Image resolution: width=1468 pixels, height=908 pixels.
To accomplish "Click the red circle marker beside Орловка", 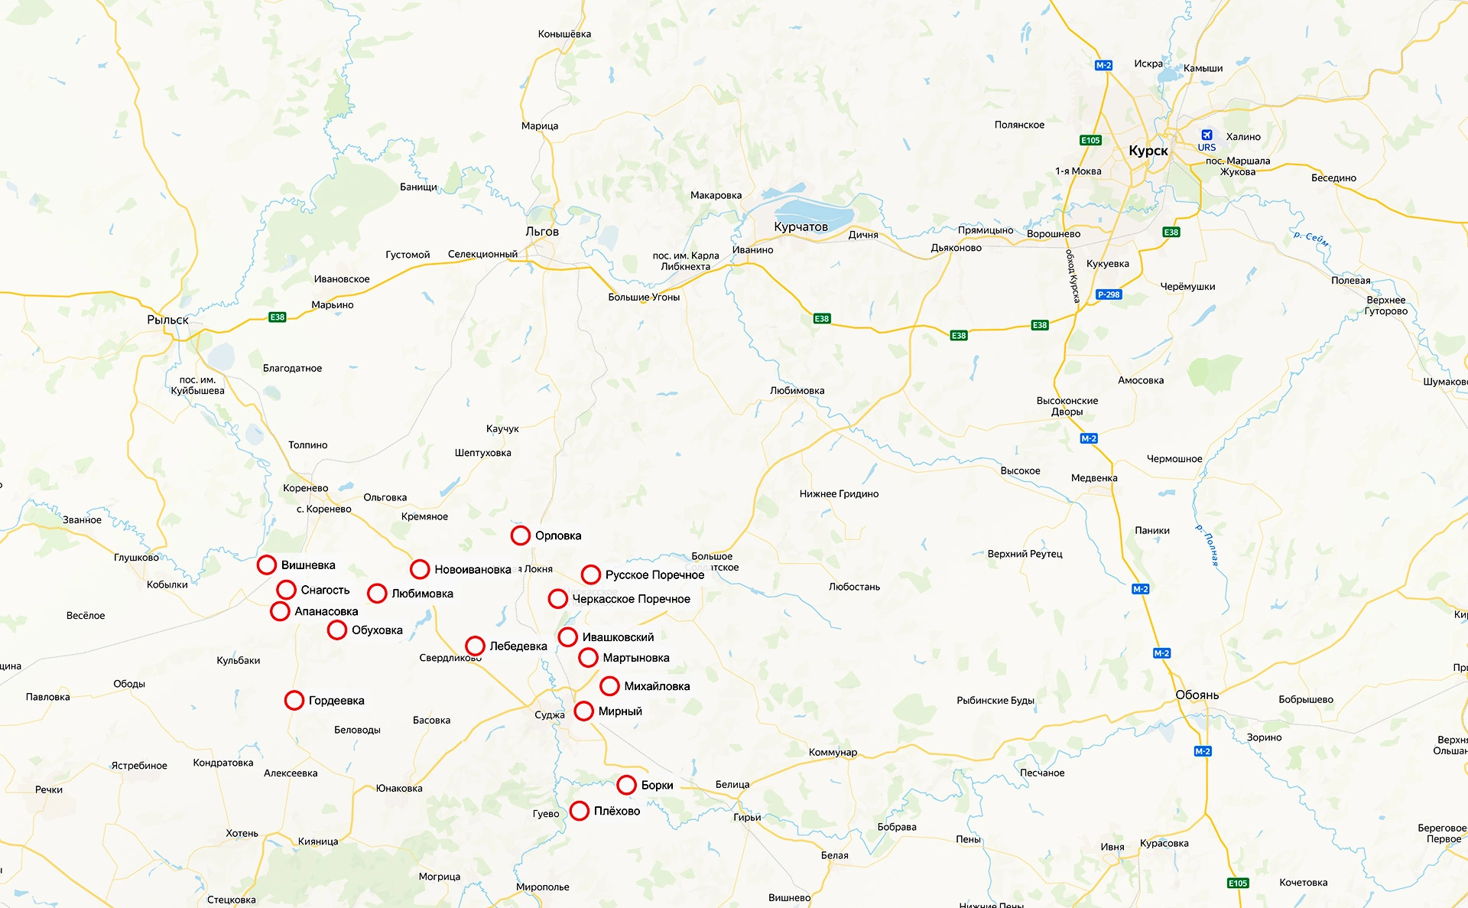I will pos(521,535).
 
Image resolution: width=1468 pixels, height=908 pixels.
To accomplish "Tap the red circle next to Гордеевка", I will pos(294,701).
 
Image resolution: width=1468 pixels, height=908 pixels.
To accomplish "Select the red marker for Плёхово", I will pos(580,811).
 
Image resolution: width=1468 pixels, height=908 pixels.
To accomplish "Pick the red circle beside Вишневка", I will pos(267,565).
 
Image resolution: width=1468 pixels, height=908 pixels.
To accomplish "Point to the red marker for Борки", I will pos(627,785).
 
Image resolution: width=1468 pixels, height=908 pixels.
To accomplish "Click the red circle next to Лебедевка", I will pos(476,646).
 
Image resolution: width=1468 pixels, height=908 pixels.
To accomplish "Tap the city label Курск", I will pos(1148,151).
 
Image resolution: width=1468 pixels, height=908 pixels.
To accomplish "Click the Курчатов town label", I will pos(801,227).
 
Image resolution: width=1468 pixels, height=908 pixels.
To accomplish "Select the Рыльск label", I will pos(167,320).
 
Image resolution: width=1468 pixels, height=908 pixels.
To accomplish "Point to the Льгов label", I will pos(542,232).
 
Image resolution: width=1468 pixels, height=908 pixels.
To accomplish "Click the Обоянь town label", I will pos(1197,695).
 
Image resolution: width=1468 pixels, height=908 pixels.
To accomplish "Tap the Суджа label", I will pos(549,715).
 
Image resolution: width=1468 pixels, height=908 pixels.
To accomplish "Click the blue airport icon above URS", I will pos(1207,135).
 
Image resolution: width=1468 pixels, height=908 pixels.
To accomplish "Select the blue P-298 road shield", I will pos(1109,295).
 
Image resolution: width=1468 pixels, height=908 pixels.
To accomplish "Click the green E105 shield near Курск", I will pos(1090,140).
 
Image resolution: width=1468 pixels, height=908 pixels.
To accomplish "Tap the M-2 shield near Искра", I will pos(1103,66).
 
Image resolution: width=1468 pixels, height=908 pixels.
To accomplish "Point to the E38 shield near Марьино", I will pos(278,317).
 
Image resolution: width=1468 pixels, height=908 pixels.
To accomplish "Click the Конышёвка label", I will pos(564,34).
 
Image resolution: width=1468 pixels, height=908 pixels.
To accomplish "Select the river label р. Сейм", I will pos(1310,239).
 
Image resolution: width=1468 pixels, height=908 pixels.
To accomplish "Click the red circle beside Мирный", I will pos(584,711).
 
